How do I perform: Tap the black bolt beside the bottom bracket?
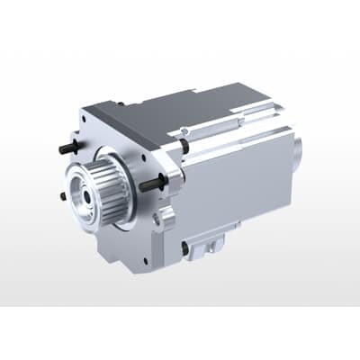pos(185,245)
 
